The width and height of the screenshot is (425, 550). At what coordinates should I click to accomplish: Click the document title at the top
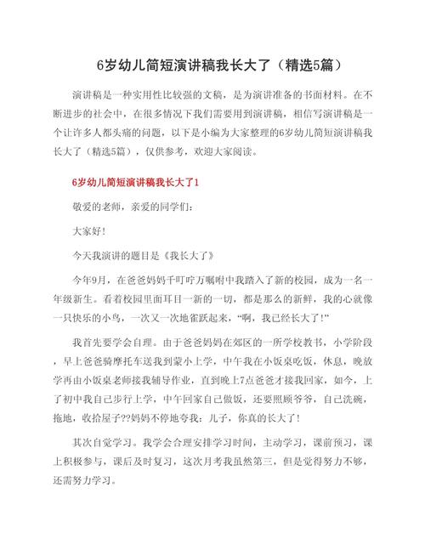[212, 65]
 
